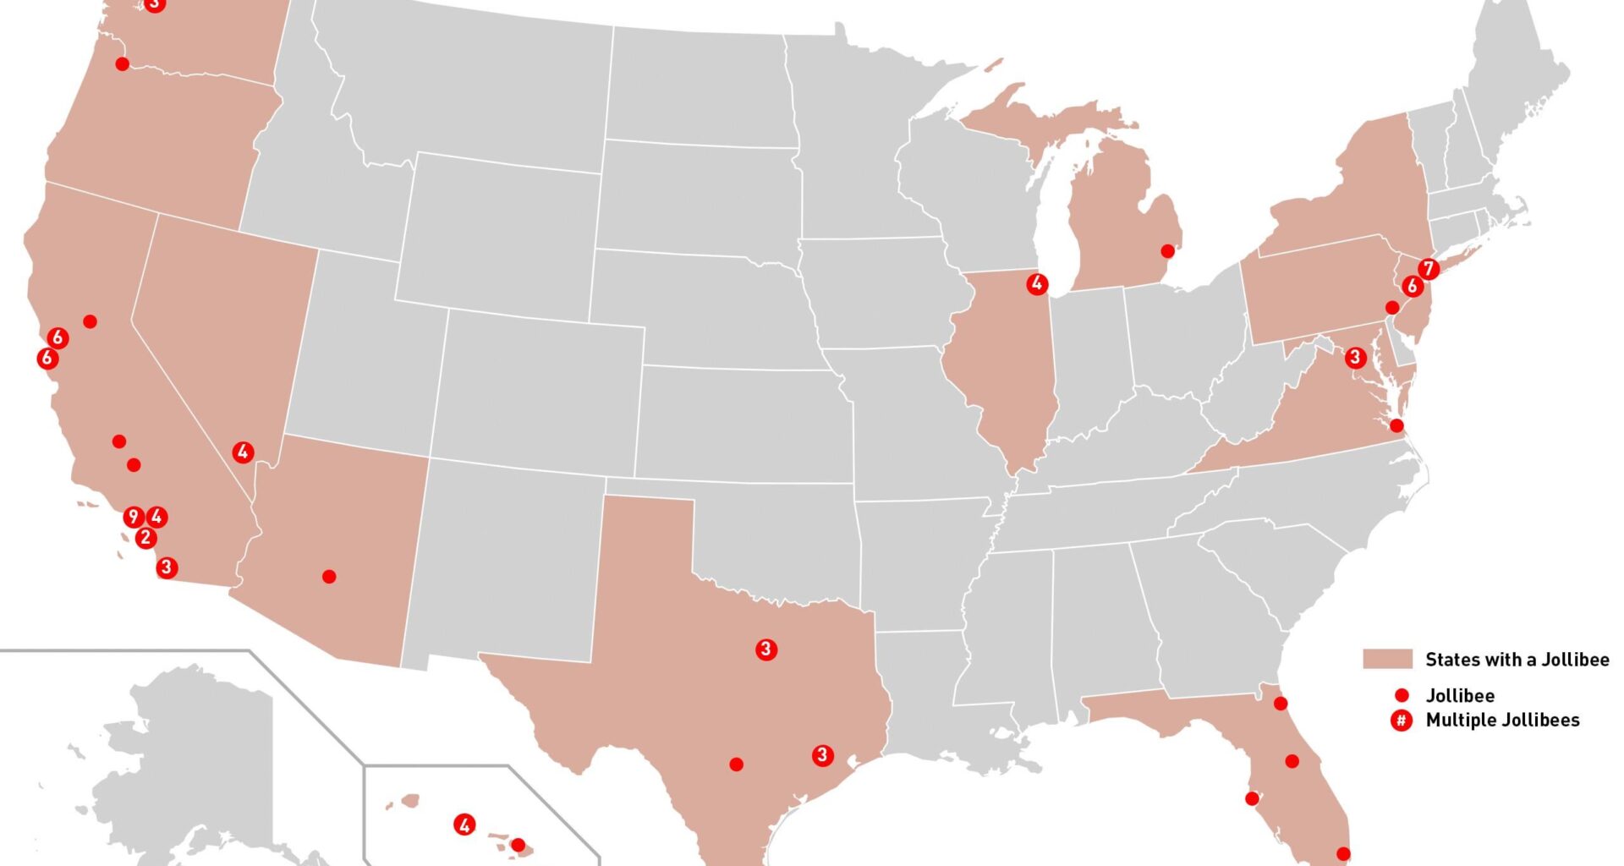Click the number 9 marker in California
pyautogui.click(x=133, y=517)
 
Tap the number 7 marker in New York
pyautogui.click(x=1429, y=269)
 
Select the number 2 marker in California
pyautogui.click(x=145, y=538)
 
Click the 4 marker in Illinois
pyautogui.click(x=1037, y=284)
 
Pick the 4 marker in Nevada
pyautogui.click(x=243, y=452)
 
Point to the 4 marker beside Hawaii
pyautogui.click(x=464, y=825)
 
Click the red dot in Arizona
pyautogui.click(x=329, y=577)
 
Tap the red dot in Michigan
pyautogui.click(x=1167, y=251)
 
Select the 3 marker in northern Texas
pyautogui.click(x=766, y=649)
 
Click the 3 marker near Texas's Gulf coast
pyautogui.click(x=822, y=755)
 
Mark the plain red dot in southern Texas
pyautogui.click(x=737, y=765)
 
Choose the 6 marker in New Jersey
pyautogui.click(x=1412, y=287)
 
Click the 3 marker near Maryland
pyautogui.click(x=1355, y=358)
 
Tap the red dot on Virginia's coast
pyautogui.click(x=1396, y=425)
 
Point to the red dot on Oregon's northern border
pyautogui.click(x=122, y=64)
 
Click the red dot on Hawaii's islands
pyautogui.click(x=518, y=845)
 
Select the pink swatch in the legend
pyautogui.click(x=1387, y=660)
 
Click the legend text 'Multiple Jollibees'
pyautogui.click(x=1502, y=721)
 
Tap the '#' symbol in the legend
pyautogui.click(x=1402, y=721)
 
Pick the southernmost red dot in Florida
pyautogui.click(x=1343, y=854)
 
